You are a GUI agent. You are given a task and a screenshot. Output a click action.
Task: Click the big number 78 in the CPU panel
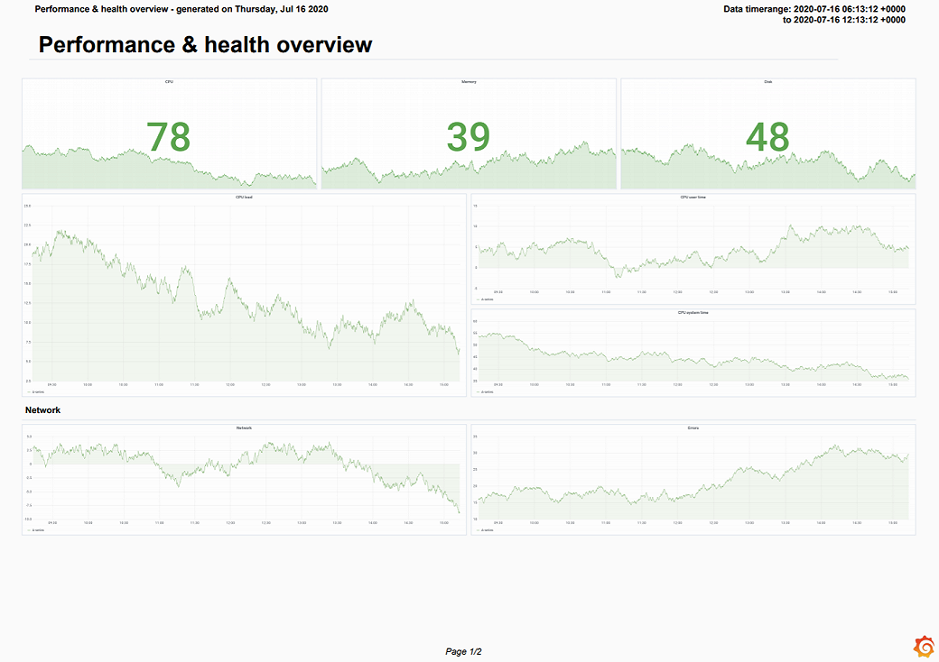point(168,137)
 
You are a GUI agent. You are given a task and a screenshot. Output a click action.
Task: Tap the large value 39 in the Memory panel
point(468,137)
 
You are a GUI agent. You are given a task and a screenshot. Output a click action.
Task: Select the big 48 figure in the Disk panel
point(767,137)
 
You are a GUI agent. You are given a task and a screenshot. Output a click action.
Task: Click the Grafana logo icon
point(924,646)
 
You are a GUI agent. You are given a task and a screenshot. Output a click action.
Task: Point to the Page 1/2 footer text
point(463,651)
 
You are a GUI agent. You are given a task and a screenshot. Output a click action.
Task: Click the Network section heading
point(42,410)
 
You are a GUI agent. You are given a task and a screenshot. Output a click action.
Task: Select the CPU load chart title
point(244,197)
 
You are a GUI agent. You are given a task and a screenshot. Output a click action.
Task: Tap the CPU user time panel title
point(693,197)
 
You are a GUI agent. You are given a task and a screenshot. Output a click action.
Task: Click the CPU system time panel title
point(693,312)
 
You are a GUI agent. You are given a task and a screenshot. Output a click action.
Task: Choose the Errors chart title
point(693,428)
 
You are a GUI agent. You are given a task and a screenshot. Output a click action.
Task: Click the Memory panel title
point(469,82)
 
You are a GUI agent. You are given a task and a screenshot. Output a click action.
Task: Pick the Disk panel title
point(767,82)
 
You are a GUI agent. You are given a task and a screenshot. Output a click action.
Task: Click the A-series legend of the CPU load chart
point(39,392)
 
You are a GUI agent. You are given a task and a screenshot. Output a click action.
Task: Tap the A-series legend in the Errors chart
point(487,530)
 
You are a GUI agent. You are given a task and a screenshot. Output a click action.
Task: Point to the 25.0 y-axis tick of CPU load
point(27,206)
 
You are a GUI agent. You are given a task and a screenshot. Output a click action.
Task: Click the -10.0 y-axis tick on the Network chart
point(27,519)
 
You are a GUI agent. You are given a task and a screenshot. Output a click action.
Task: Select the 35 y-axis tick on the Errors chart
point(476,437)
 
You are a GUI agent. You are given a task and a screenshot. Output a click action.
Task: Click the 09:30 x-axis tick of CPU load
point(52,384)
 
